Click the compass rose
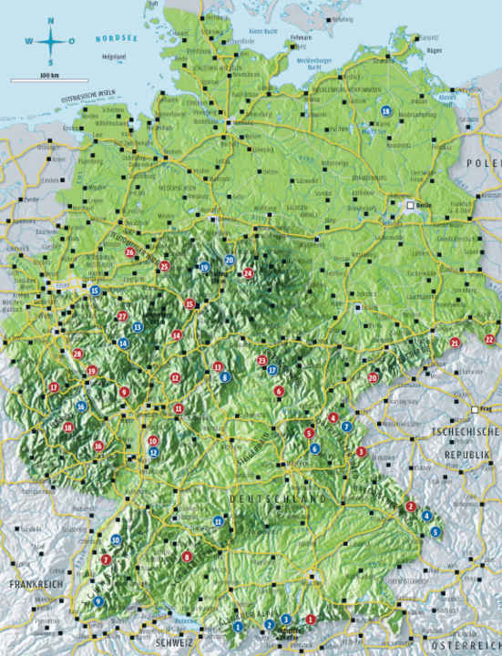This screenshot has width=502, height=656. coord(50,40)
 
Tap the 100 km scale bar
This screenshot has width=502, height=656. coord(49,80)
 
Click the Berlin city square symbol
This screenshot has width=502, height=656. coord(411,206)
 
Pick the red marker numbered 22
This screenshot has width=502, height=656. coord(490,339)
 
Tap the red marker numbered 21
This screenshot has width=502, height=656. coord(455,343)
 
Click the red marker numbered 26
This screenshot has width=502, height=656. coord(130,252)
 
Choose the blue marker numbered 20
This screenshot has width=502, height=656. coord(230,261)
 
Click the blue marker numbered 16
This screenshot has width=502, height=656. coord(82,407)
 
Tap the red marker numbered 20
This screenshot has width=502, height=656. coord(373,377)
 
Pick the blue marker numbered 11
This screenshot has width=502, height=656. coord(218,521)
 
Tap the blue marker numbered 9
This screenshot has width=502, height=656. coord(97,601)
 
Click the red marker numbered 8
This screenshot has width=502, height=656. coord(187,557)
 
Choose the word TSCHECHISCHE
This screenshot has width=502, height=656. coord(466,431)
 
